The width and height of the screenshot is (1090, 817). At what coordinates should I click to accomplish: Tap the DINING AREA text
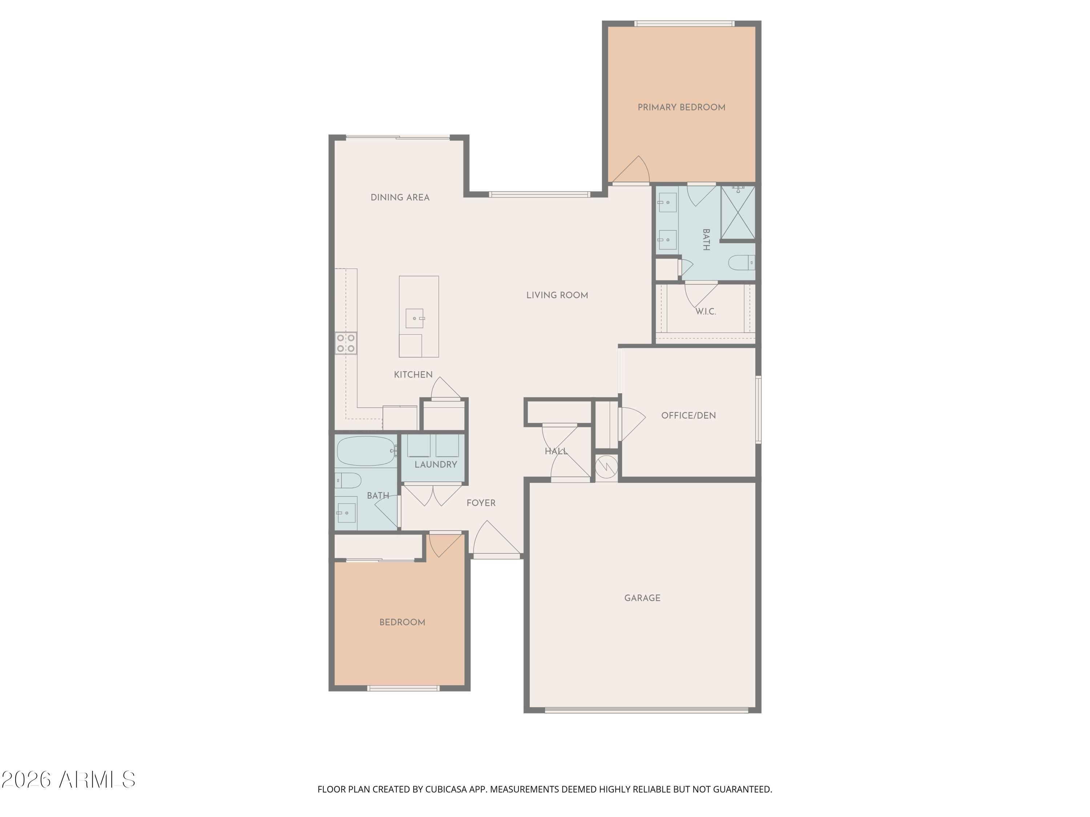(400, 198)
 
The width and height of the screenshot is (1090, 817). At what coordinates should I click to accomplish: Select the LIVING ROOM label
(557, 296)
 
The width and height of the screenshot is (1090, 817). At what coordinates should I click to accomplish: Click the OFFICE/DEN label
(689, 416)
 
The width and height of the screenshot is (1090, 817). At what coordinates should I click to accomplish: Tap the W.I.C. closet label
(706, 312)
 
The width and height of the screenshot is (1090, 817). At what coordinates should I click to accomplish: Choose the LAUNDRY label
(436, 464)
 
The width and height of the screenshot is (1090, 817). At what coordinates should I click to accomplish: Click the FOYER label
(481, 503)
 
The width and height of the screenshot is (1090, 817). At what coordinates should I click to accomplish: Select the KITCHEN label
(413, 375)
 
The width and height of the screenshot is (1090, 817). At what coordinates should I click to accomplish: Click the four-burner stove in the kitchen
(346, 343)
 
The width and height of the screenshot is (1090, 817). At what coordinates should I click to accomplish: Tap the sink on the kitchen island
(415, 318)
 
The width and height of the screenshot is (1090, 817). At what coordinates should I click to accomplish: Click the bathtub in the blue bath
(366, 451)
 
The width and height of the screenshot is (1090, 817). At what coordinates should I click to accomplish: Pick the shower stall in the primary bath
(738, 212)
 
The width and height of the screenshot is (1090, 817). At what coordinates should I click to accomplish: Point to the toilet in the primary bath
(742, 263)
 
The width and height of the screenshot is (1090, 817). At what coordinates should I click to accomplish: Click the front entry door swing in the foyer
(497, 540)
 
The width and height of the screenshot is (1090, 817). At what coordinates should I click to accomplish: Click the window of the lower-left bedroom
(403, 688)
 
